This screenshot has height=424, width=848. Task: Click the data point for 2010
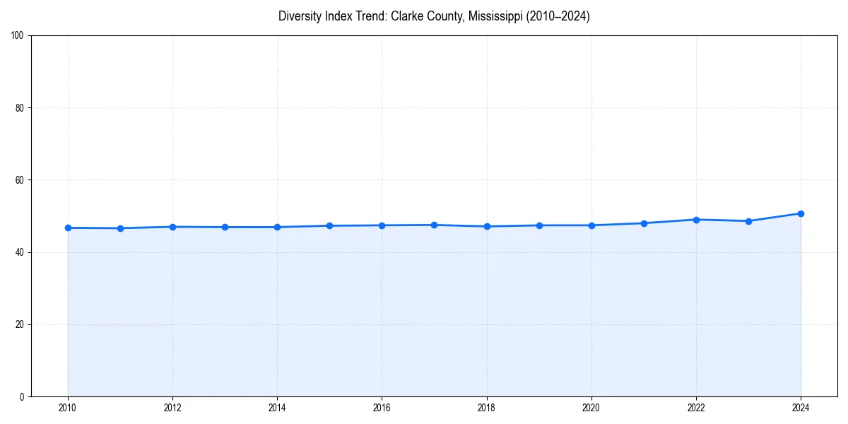pyautogui.click(x=68, y=228)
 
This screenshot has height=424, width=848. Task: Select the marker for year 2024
pyautogui.click(x=801, y=213)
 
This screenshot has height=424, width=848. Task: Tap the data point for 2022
pyautogui.click(x=696, y=220)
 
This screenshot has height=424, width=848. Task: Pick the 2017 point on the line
pyautogui.click(x=434, y=225)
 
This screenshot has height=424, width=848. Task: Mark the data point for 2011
pyautogui.click(x=120, y=228)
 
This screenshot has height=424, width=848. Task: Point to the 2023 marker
pyautogui.click(x=748, y=221)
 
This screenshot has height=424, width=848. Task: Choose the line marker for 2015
pyautogui.click(x=329, y=225)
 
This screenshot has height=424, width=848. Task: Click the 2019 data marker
pyautogui.click(x=539, y=225)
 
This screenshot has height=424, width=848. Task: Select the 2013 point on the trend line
pyautogui.click(x=225, y=227)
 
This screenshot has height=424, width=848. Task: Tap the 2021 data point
pyautogui.click(x=644, y=223)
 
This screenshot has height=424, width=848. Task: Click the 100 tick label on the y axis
pyautogui.click(x=18, y=35)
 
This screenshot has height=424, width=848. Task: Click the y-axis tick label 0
pyautogui.click(x=23, y=396)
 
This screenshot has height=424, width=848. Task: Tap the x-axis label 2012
pyautogui.click(x=172, y=408)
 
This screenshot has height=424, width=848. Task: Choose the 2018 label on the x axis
pyautogui.click(x=487, y=408)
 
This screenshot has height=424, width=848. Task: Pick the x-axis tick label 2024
pyautogui.click(x=801, y=408)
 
